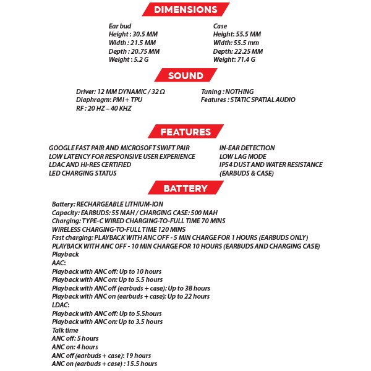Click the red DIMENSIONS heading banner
(185, 10)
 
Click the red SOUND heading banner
(185, 75)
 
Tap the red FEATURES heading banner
(185, 132)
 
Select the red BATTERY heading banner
(185, 188)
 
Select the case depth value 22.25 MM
(248, 51)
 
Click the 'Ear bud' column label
(120, 26)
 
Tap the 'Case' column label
(220, 26)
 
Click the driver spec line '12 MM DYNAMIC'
(121, 92)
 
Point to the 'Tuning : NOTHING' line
(227, 92)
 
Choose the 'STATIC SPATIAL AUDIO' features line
(248, 100)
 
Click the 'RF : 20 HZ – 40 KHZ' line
(103, 108)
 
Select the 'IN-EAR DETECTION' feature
(247, 148)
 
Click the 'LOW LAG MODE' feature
(243, 156)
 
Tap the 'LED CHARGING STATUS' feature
(82, 174)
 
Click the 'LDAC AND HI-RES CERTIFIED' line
(90, 165)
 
